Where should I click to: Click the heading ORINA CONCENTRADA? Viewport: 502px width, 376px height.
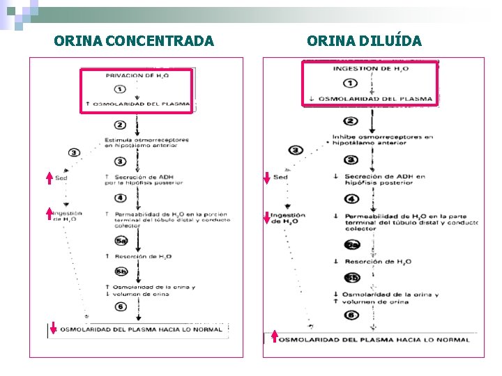134,41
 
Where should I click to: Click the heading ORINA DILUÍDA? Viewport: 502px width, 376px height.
364,41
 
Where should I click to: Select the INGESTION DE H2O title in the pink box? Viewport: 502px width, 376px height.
371,69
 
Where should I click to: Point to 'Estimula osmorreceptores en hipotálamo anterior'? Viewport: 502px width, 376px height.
146,143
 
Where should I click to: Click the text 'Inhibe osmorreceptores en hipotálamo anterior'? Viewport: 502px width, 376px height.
382,141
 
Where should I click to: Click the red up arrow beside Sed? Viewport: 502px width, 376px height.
49,178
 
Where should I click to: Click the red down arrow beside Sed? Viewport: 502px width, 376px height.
266,178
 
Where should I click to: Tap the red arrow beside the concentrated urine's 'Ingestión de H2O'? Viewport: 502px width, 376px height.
49,213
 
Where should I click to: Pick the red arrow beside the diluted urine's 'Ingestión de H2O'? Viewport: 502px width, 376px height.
266,217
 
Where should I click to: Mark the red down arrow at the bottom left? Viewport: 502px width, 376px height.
53,328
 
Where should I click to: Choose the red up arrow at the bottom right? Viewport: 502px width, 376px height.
274,337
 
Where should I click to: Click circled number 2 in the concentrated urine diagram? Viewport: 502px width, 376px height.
120,125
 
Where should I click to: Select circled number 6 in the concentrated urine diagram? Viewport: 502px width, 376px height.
121,307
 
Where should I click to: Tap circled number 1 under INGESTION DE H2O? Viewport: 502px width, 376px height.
351,84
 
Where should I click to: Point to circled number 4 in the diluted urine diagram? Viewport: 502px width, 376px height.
353,198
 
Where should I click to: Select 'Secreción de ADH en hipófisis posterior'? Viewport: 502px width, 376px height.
383,180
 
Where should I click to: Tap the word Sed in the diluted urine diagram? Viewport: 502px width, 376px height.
280,178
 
